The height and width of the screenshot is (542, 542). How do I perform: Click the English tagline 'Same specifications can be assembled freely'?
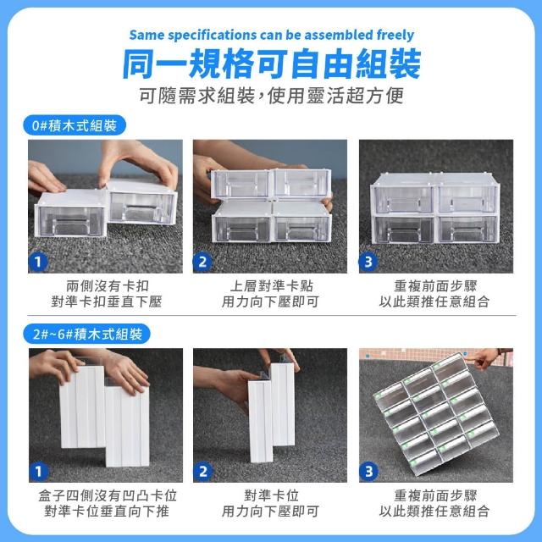point(271,35)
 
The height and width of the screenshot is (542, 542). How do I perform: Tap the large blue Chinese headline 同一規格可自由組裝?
point(271,64)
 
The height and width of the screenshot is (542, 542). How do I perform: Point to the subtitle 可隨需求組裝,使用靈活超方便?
point(271,96)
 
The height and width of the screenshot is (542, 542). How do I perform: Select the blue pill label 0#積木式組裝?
point(75,125)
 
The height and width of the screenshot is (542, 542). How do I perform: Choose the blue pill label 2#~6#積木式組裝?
point(86,334)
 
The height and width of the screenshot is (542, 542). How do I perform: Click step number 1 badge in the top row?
point(37,262)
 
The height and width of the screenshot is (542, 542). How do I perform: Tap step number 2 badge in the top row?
point(202,262)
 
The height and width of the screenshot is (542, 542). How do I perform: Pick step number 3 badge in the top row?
point(368,262)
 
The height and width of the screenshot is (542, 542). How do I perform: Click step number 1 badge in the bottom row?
point(38,472)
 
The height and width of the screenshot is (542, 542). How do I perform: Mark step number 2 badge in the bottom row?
point(202,472)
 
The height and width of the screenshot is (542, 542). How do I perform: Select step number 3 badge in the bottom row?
point(368,472)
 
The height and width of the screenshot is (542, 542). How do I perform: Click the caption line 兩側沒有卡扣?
point(108,286)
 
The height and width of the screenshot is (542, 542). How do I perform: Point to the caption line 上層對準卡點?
point(271,286)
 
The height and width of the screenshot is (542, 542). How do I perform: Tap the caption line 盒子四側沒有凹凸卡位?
point(108,495)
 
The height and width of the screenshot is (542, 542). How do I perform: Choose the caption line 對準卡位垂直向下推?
point(107,511)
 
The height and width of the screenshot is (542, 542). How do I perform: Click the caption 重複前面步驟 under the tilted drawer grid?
point(435,495)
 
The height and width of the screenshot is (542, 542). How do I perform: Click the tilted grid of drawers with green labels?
point(437,414)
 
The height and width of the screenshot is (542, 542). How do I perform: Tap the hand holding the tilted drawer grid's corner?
point(488,357)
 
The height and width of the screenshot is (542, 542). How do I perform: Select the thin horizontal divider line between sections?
point(271,316)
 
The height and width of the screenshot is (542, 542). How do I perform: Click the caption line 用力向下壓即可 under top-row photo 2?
point(270,301)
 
